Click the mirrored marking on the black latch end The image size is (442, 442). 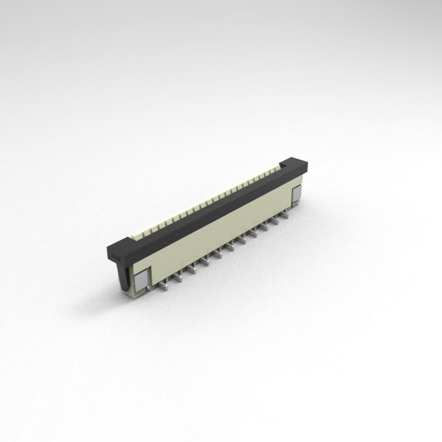116,256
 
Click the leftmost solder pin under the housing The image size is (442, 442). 166,286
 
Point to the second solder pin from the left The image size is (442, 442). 178,279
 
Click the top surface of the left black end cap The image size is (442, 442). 121,243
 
